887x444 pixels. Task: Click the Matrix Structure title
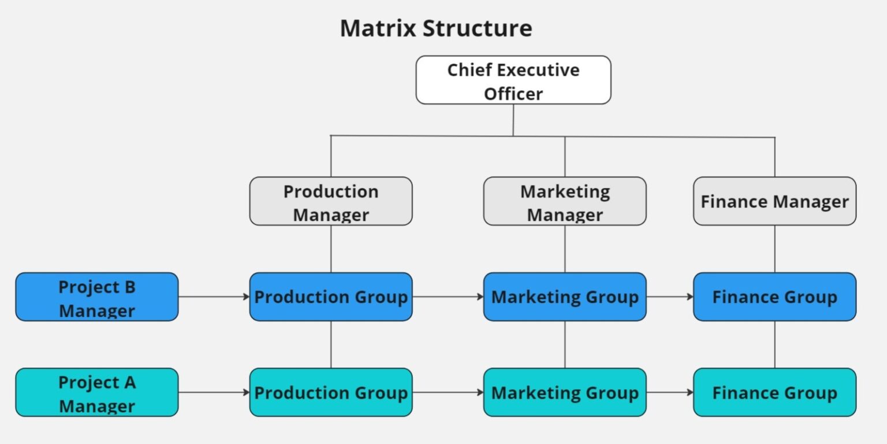(x=436, y=28)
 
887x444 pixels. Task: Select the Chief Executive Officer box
(x=513, y=80)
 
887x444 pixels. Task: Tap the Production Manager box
(x=331, y=201)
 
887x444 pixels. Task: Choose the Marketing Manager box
(x=565, y=201)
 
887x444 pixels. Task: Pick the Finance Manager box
(x=774, y=201)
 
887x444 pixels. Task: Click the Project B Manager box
(x=97, y=297)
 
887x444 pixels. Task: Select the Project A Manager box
(x=97, y=393)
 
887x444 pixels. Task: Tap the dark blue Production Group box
(x=331, y=297)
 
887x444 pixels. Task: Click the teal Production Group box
(x=331, y=393)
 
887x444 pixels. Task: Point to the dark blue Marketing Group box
(x=565, y=297)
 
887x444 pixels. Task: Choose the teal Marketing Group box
(x=565, y=393)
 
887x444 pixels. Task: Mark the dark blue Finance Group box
(x=774, y=297)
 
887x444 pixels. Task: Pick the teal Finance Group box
(x=774, y=393)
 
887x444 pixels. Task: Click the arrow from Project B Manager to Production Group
(x=214, y=297)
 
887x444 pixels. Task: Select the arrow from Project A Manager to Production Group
(x=214, y=393)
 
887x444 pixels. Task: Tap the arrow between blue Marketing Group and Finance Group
(x=670, y=297)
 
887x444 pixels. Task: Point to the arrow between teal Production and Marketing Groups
(x=448, y=393)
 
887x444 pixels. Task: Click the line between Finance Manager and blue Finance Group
(x=774, y=249)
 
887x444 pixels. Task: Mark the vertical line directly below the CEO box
(x=513, y=120)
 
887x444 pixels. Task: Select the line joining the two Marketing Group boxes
(x=565, y=345)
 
